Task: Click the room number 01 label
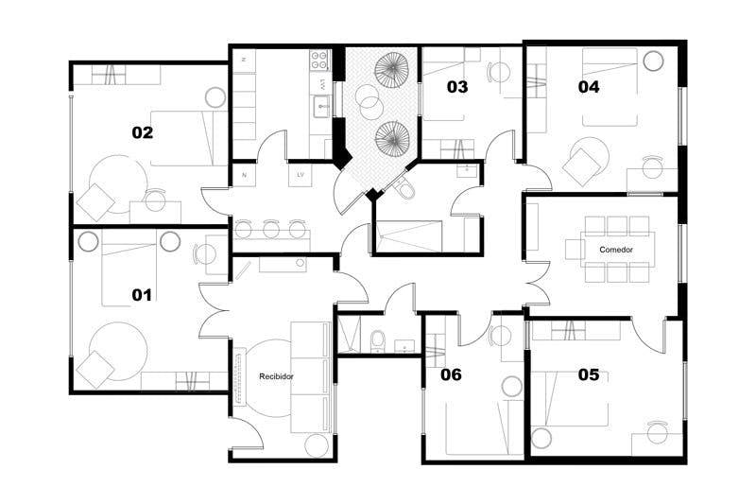pos(142,295)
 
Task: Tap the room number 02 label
pos(142,132)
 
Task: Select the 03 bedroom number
pos(456,87)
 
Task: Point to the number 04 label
pos(589,87)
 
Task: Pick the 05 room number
pos(588,374)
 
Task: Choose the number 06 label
pos(451,374)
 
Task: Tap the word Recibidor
pos(277,376)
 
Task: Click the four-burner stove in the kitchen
pos(319,61)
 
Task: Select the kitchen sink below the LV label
pos(321,104)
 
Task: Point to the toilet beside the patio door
pos(405,191)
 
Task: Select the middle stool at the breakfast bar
pos(271,228)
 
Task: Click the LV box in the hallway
pos(301,175)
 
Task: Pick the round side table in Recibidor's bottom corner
pos(317,444)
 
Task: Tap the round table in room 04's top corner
pos(652,62)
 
